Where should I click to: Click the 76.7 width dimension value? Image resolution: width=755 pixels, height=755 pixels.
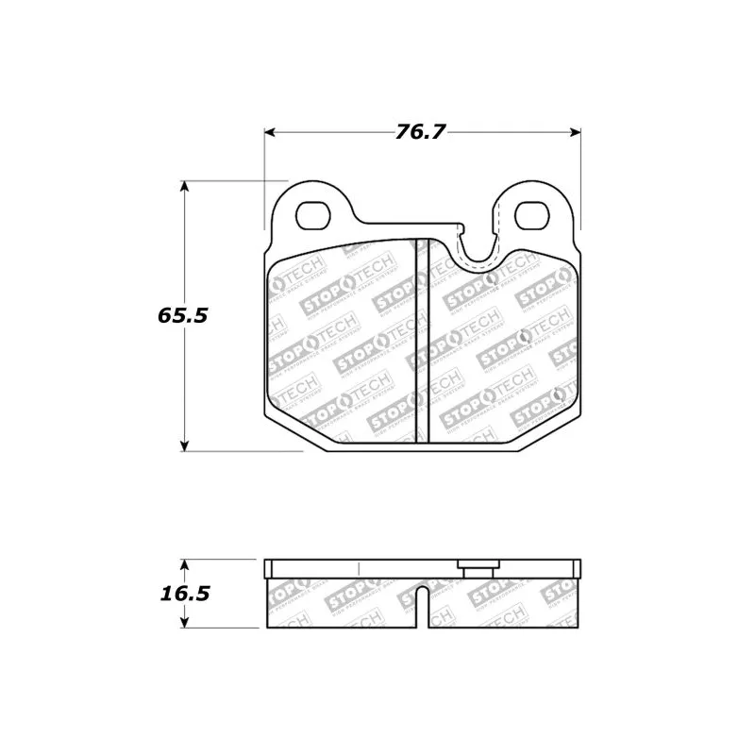pyautogui.click(x=420, y=132)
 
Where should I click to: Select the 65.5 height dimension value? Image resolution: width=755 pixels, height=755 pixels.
pyautogui.click(x=182, y=315)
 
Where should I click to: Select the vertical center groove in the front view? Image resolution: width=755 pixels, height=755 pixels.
pyautogui.click(x=423, y=340)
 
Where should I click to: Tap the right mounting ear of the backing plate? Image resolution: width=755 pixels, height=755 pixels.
pyautogui.click(x=533, y=203)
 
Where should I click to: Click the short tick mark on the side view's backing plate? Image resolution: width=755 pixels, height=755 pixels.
pyautogui.click(x=359, y=568)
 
